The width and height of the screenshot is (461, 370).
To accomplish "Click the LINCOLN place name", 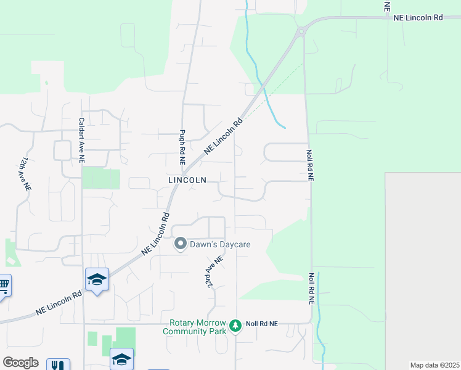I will (x=187, y=180).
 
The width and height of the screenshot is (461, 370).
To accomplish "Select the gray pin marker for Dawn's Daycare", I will (x=181, y=244).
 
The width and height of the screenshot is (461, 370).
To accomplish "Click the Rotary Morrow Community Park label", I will (x=194, y=327).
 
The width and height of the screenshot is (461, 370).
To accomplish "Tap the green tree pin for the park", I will (x=235, y=326).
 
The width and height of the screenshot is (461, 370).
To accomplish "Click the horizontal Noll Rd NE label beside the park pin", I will (x=262, y=323).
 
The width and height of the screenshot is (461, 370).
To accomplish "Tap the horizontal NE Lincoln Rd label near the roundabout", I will (x=418, y=18).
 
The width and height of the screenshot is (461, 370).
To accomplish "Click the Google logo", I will (x=20, y=363).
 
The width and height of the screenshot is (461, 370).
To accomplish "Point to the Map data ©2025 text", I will (x=434, y=365).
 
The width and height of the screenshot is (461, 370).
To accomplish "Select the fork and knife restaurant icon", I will (x=57, y=364).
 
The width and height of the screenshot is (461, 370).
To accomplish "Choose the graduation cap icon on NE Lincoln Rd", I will (x=97, y=279).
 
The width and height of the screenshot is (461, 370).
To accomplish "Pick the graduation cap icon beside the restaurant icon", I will (x=121, y=359).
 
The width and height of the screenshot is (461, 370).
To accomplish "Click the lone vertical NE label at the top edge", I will (x=387, y=7).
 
